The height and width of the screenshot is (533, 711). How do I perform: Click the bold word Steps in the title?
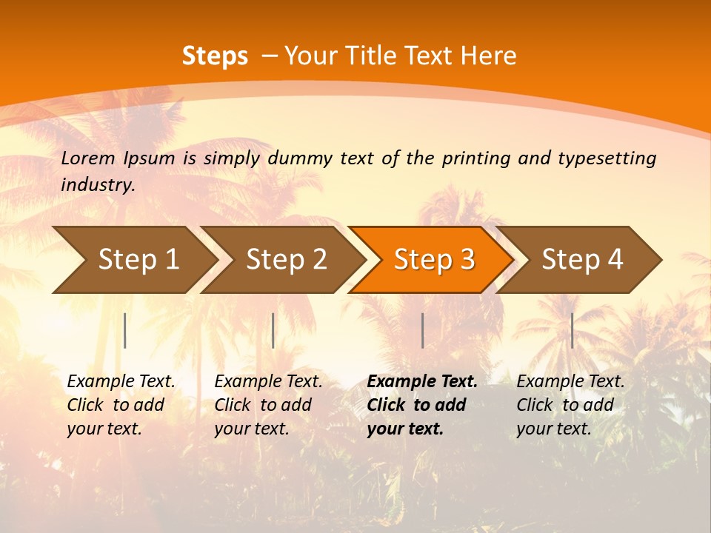pyautogui.click(x=215, y=56)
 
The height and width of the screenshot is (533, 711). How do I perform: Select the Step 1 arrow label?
pyautogui.click(x=138, y=259)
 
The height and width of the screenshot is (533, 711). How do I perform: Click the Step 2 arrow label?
pyautogui.click(x=287, y=259)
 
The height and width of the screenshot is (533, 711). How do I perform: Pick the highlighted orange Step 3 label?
pyautogui.click(x=434, y=259)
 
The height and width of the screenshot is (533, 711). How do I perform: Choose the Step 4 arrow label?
pyautogui.click(x=582, y=259)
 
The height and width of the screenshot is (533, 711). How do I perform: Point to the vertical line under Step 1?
pyautogui.click(x=125, y=330)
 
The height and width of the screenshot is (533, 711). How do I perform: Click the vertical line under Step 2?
pyautogui.click(x=273, y=330)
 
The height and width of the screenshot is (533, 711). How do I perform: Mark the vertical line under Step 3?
pyautogui.click(x=422, y=330)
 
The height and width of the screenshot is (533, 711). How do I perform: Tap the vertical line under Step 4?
pyautogui.click(x=572, y=330)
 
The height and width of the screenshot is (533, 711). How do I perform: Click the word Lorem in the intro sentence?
pyautogui.click(x=88, y=158)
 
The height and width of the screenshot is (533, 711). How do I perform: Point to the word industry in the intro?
pyautogui.click(x=98, y=184)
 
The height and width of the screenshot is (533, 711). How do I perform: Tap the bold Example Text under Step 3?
pyautogui.click(x=422, y=381)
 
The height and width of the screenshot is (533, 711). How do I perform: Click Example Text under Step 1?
pyautogui.click(x=121, y=381)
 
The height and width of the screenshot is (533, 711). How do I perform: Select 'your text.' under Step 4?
pyautogui.click(x=553, y=429)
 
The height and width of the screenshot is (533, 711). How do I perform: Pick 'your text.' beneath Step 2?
pyautogui.click(x=251, y=429)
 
